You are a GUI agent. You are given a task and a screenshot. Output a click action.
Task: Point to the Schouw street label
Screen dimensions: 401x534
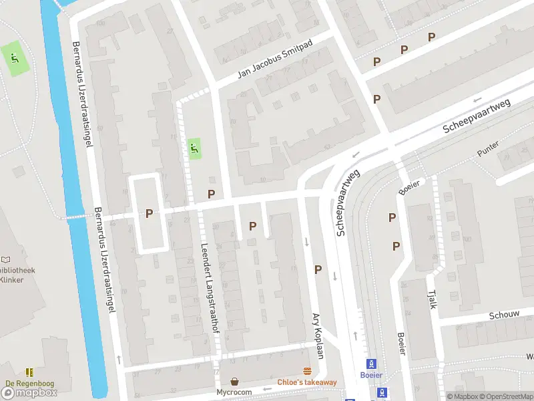coord(504,315)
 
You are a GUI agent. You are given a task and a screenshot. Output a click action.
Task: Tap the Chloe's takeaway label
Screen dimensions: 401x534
coord(307,382)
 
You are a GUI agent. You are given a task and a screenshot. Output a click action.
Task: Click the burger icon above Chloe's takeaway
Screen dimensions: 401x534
coord(308,371)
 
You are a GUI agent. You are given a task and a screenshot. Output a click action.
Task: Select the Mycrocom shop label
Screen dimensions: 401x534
coord(234,392)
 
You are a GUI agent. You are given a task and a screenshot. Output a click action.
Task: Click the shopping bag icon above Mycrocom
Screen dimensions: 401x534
coord(234,381)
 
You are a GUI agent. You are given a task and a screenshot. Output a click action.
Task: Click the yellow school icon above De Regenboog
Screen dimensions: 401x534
coord(29,372)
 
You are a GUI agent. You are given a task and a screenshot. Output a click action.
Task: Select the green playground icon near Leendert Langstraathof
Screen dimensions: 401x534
coord(194,148)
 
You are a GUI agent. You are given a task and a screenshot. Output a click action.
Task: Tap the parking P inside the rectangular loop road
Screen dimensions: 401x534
coord(150,213)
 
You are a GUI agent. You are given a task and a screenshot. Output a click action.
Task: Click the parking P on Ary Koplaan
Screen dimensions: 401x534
coord(318,270)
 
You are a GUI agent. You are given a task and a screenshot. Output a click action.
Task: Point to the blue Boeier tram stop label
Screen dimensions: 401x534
coord(371,376)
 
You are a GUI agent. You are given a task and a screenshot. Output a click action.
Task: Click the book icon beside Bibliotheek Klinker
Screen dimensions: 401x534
coord(6,259)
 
